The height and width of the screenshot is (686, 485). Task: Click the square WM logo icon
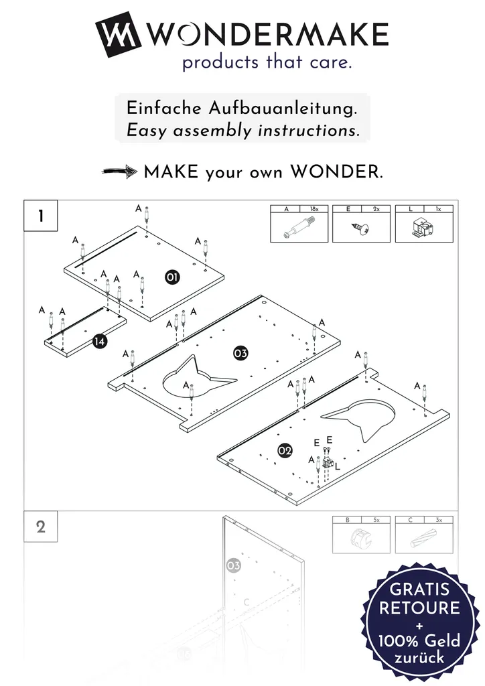[x=118, y=35]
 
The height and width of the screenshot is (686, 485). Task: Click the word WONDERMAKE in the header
[x=267, y=35]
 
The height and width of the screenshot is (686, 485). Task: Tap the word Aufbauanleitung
[x=283, y=109]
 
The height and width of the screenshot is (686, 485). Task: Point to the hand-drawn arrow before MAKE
[x=119, y=171]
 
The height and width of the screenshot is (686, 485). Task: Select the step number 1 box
[x=41, y=215]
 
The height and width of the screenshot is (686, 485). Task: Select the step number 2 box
[x=41, y=527]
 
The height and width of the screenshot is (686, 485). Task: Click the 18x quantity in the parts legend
[x=314, y=209]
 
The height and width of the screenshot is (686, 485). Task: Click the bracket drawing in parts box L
[x=423, y=228]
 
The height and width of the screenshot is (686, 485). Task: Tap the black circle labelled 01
[x=172, y=277]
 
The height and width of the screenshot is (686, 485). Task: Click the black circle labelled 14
[x=100, y=341]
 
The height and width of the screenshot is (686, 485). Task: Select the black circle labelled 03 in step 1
[x=240, y=353]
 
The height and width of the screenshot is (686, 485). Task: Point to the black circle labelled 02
[x=285, y=451]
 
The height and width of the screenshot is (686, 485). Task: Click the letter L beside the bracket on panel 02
[x=337, y=467]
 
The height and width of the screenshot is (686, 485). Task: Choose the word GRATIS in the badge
[x=419, y=589]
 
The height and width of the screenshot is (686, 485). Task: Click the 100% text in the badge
[x=397, y=641]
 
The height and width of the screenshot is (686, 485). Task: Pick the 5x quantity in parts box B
[x=376, y=520]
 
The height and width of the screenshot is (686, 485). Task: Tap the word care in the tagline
[x=331, y=62]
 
